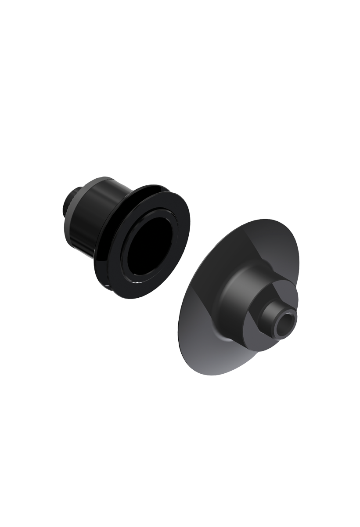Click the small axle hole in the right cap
coord(288,325)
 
